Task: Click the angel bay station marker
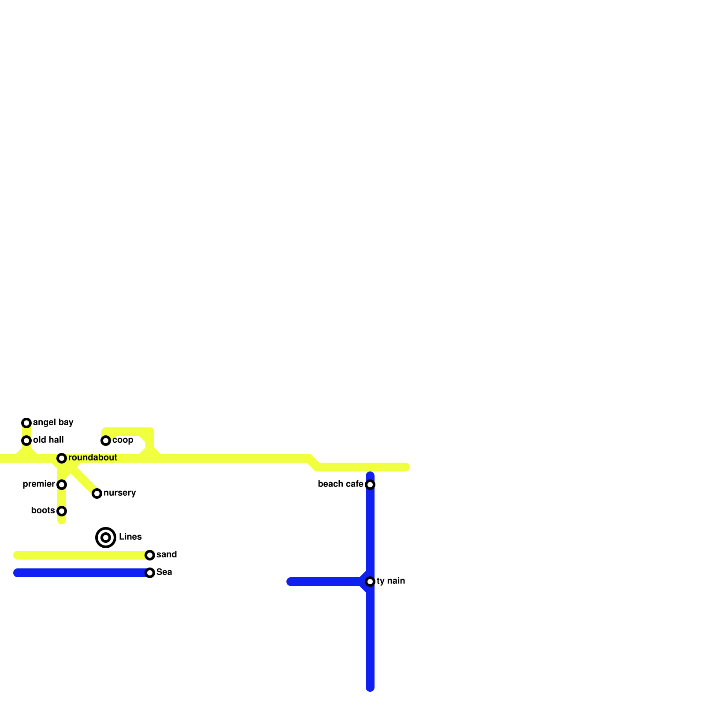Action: coord(26,423)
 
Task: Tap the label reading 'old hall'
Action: coord(48,440)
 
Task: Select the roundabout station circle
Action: coord(62,458)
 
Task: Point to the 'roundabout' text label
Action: coord(93,458)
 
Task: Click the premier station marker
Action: coord(62,485)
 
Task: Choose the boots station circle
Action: coord(62,511)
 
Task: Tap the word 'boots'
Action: coord(43,511)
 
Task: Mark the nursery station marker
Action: coord(97,493)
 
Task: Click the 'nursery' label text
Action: coord(119,493)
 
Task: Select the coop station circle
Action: coord(106,441)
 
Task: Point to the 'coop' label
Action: coord(122,440)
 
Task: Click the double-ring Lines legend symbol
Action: coord(106,538)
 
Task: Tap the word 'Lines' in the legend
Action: coord(130,537)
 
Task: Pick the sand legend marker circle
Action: coord(150,555)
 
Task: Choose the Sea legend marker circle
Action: coord(150,573)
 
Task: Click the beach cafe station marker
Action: coord(370,485)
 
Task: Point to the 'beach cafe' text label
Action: coord(340,484)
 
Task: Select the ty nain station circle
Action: coord(370,582)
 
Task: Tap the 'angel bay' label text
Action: coord(53,423)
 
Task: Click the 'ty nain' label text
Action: coord(391,581)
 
